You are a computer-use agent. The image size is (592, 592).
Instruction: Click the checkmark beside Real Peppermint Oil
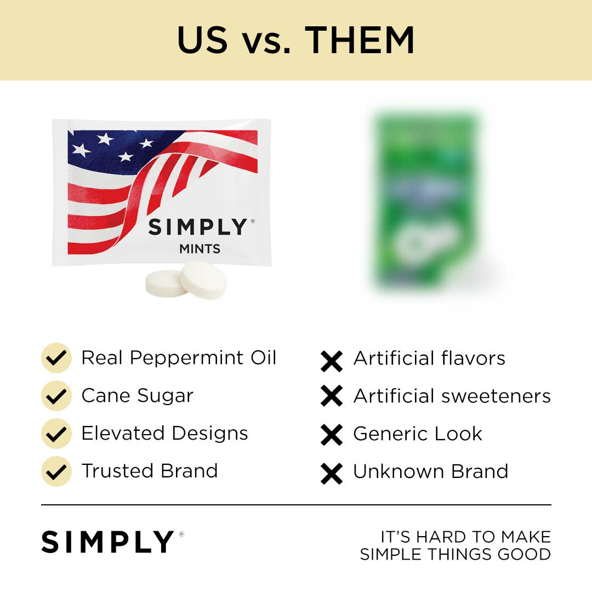pos(56,358)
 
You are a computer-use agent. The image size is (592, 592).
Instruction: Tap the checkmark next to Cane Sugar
pos(56,396)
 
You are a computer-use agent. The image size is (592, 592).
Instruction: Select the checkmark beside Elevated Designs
pos(56,433)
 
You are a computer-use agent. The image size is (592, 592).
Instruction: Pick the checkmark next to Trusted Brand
pos(56,471)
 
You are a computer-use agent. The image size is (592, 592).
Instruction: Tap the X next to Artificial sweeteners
pos(332,396)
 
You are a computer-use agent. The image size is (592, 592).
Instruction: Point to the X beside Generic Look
pos(332,435)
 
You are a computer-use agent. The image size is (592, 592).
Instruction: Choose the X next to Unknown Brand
pos(332,473)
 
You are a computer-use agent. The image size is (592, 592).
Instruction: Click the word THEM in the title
pos(360,39)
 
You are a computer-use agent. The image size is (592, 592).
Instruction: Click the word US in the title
pos(202,39)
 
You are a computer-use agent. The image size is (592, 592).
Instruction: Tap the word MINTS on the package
pos(200,249)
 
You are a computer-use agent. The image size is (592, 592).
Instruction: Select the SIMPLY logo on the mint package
pos(198,227)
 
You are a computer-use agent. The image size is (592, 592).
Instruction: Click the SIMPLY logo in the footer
pos(108,542)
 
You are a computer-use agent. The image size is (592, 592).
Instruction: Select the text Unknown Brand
pos(431,471)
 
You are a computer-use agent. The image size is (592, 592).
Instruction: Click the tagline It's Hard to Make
pos(465,537)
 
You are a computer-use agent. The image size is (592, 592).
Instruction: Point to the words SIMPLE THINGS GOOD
pos(455,554)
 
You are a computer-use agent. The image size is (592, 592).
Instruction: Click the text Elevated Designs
pos(164,434)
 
